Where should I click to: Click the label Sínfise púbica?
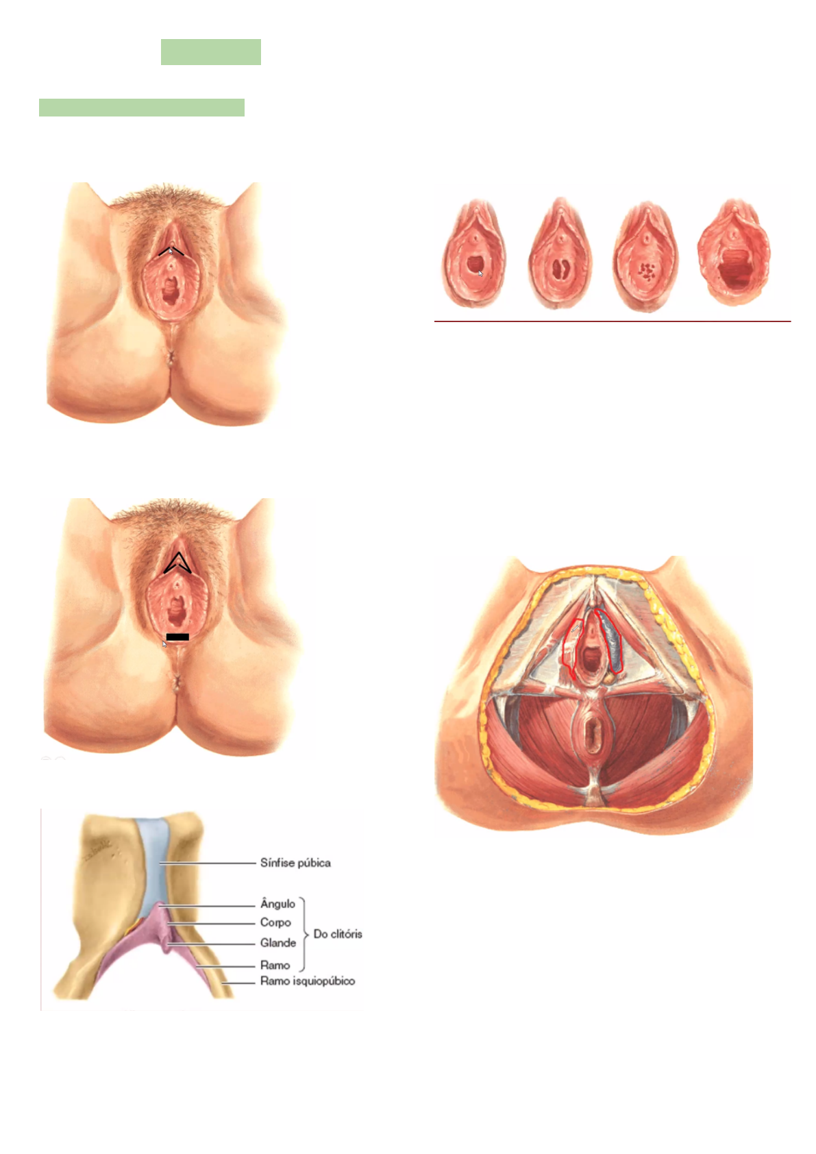click(x=295, y=863)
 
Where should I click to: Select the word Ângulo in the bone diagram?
click(x=277, y=904)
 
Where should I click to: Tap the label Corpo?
click(x=275, y=923)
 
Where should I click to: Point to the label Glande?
click(x=277, y=943)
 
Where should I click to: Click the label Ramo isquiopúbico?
click(x=307, y=981)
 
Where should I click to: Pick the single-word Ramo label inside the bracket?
click(x=275, y=965)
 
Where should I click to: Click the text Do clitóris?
click(x=338, y=934)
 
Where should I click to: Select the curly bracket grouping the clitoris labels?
click(x=303, y=934)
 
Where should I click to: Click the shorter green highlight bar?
click(x=211, y=52)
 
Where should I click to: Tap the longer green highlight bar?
click(x=142, y=108)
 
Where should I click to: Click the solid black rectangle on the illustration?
click(x=177, y=637)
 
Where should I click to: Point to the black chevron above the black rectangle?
click(x=177, y=563)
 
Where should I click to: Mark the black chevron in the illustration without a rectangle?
click(x=171, y=251)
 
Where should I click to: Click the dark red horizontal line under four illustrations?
click(x=612, y=321)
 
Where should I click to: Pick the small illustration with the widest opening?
click(x=733, y=254)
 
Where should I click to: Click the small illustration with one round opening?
click(x=474, y=255)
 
